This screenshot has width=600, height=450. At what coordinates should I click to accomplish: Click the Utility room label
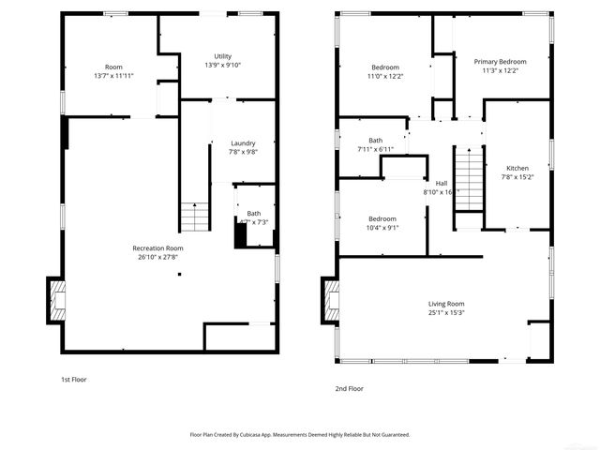pyautogui.click(x=222, y=56)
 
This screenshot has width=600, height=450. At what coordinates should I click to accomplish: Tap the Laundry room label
pyautogui.click(x=243, y=143)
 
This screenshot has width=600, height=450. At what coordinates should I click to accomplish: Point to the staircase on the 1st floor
pyautogui.click(x=194, y=217)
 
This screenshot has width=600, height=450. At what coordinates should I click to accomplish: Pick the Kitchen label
pyautogui.click(x=517, y=168)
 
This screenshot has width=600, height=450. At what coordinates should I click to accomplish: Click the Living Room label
pyautogui.click(x=446, y=304)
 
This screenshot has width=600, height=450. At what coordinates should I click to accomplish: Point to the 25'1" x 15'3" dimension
pyautogui.click(x=446, y=313)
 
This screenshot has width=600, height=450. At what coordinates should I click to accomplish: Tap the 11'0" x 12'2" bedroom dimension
pyautogui.click(x=385, y=76)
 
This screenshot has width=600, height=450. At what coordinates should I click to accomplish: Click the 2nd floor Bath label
pyautogui.click(x=375, y=141)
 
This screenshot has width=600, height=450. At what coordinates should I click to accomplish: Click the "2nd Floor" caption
pyautogui.click(x=349, y=388)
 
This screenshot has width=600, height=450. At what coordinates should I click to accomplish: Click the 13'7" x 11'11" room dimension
pyautogui.click(x=113, y=75)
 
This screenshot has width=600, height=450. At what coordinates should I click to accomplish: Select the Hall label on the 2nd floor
pyautogui.click(x=441, y=183)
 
